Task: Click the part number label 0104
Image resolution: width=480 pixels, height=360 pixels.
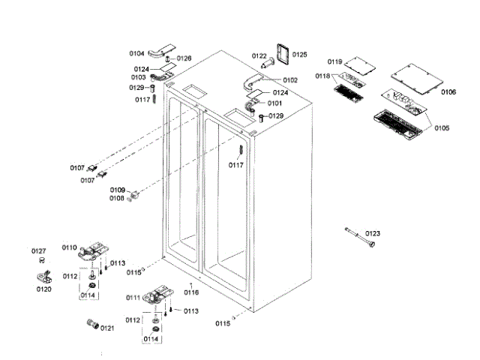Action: pos(136,53)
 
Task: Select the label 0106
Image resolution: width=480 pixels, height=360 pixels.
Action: pos(448,92)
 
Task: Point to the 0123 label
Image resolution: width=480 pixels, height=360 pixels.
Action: pos(373,235)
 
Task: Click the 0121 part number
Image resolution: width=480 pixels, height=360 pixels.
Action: pos(107,328)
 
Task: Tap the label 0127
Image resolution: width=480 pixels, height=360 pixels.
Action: pos(38,251)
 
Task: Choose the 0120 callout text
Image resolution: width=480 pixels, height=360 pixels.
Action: pos(44,289)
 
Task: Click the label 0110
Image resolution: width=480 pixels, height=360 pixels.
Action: pos(69,247)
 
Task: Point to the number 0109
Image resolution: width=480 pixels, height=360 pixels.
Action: pos(118,190)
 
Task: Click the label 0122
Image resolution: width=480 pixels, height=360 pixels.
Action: pos(259,56)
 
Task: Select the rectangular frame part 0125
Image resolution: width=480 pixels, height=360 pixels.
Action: pos(283,54)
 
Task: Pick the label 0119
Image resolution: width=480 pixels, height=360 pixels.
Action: pos(334,61)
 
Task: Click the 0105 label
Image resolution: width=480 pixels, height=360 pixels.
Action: pos(442,128)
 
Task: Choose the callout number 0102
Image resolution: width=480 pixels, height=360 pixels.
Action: pos(290,79)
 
